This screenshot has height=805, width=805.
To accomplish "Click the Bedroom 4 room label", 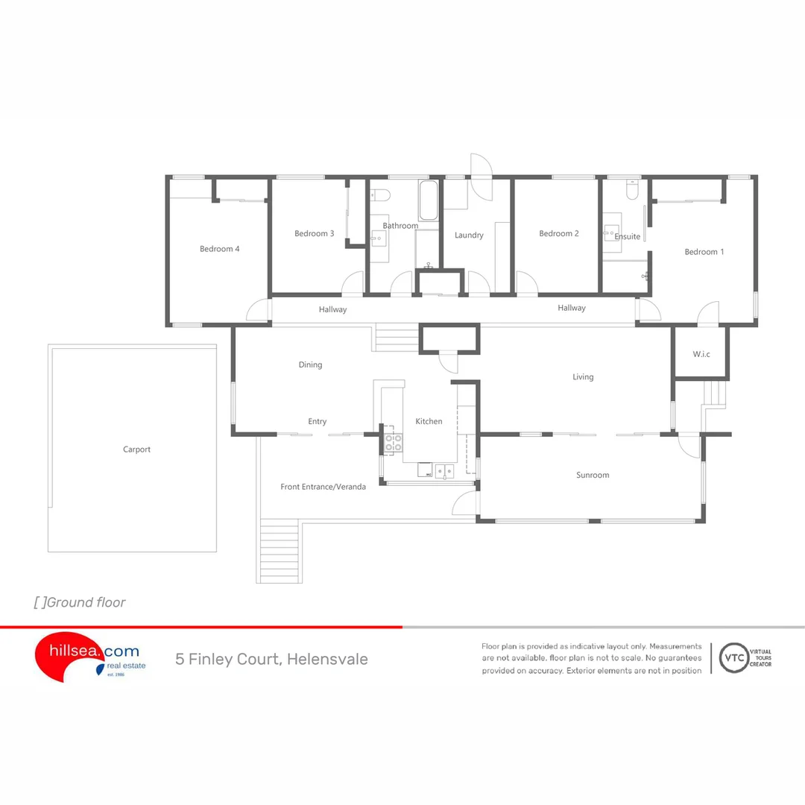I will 219,249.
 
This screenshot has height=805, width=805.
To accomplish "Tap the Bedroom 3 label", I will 314,233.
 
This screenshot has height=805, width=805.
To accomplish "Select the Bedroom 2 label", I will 559,233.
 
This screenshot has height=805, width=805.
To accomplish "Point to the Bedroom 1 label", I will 704,252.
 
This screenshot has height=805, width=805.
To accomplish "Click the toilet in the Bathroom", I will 380,195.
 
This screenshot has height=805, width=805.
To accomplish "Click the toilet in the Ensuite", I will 632,192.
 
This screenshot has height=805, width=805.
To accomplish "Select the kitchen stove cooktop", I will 393,443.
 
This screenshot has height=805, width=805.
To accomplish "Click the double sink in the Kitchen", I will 444,470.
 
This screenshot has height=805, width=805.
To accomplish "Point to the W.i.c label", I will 701,354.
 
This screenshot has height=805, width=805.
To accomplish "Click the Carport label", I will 136,449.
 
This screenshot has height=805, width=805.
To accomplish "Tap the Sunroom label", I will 593,475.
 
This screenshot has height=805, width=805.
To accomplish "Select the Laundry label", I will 469,235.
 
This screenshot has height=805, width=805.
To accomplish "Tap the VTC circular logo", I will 733,658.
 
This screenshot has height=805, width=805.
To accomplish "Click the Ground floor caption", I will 80,602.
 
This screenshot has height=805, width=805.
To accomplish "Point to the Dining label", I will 310,364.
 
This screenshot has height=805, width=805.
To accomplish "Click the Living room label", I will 583,376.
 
